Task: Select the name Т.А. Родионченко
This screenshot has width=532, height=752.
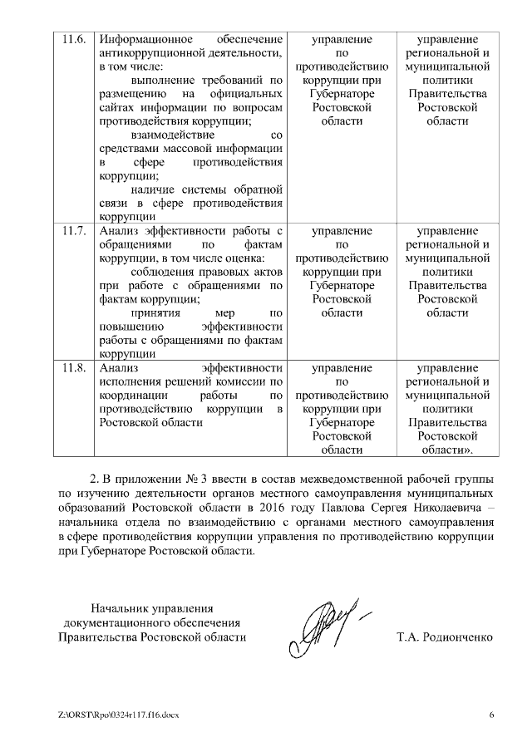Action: [x=446, y=637]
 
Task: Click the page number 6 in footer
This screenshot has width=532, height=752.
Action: [x=491, y=715]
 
